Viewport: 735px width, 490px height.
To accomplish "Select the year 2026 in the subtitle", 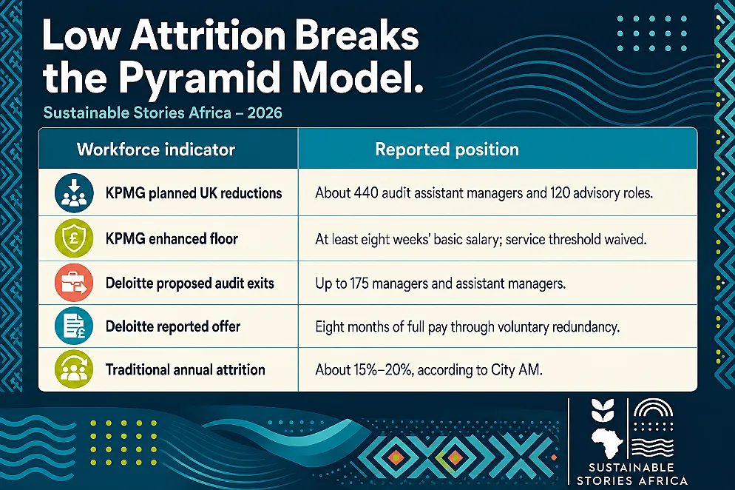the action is pos(265,113).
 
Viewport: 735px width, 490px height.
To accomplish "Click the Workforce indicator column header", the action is pos(155,150).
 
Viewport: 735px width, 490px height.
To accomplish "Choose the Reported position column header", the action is pos(447,150).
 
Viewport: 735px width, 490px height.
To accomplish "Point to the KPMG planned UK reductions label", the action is pos(194,193).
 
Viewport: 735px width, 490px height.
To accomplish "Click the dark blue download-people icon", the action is pos(74,193).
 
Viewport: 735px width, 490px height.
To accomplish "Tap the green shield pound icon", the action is pos(74,238).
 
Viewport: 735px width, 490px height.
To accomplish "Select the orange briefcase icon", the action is pos(74,283).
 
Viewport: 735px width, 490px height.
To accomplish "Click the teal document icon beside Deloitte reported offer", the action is pos(74,326).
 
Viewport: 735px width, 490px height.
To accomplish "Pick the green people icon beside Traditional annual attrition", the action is pos(74,369).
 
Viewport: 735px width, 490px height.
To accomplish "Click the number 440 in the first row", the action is pos(366,193).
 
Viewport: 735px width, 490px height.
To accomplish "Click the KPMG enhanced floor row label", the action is pos(172,238).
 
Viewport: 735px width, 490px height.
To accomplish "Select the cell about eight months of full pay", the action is pos(467,326).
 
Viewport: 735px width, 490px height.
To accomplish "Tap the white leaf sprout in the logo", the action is pos(603,410).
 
